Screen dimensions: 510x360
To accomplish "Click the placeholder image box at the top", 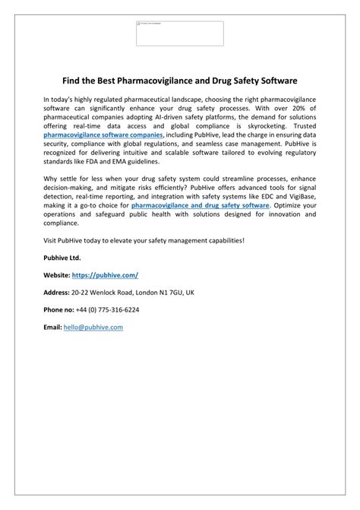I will pyautogui.click(x=179, y=33).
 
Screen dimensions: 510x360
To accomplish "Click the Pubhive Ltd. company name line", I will pyautogui.click(x=63, y=258).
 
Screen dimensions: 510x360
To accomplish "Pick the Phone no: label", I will pyautogui.click(x=60, y=309).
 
